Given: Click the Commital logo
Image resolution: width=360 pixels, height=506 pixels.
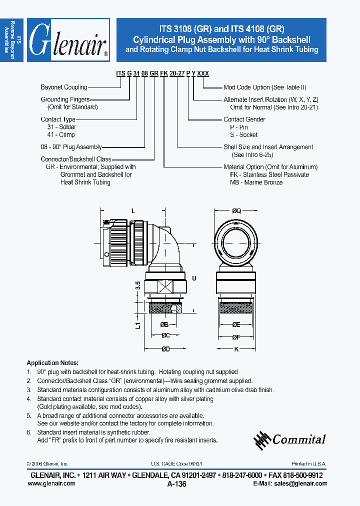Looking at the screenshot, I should (x=290, y=439).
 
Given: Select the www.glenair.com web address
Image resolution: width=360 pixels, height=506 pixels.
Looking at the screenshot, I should (x=53, y=483).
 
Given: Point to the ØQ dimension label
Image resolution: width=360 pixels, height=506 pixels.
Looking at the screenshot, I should (x=236, y=211).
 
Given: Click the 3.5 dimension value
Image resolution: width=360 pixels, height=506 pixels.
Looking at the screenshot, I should (x=138, y=287).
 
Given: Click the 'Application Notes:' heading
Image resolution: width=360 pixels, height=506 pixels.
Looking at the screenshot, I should (x=52, y=363).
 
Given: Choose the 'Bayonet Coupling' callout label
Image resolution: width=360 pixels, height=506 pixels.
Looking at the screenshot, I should (x=63, y=87).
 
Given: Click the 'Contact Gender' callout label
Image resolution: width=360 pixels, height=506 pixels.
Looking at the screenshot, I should (x=244, y=119).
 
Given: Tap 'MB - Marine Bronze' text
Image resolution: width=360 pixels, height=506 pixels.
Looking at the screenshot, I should (x=256, y=182).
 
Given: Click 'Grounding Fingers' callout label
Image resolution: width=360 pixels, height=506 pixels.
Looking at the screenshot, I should (x=65, y=99).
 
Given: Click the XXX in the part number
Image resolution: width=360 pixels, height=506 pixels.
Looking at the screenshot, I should (x=203, y=73).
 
